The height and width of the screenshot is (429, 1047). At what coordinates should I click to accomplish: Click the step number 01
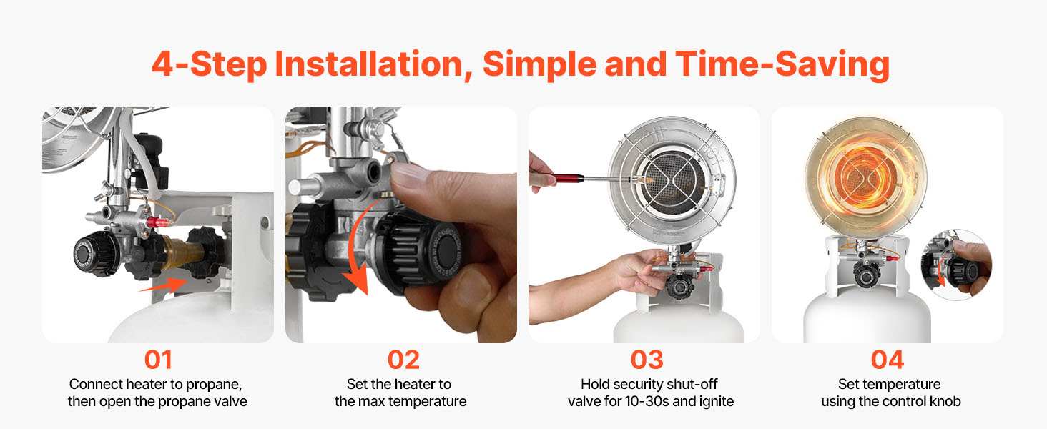[158, 360]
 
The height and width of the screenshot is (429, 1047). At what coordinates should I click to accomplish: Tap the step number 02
[403, 360]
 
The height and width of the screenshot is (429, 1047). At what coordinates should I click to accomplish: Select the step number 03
[647, 360]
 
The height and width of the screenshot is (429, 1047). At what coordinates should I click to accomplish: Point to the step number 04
[887, 360]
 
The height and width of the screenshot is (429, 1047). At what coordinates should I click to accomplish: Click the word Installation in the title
[373, 64]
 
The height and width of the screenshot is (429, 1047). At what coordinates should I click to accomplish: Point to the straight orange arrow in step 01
[163, 285]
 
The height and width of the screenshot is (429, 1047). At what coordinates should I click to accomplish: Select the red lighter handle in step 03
[566, 179]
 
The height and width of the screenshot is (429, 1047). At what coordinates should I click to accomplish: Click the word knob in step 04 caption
[945, 401]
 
